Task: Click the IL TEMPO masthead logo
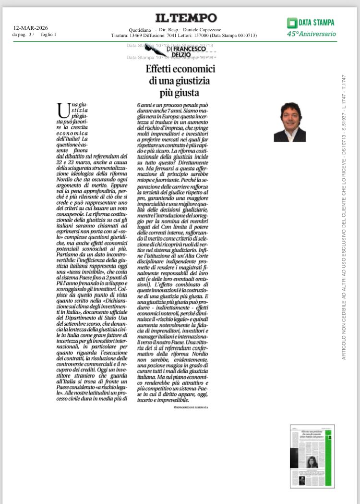[186, 18]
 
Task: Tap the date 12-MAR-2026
[30, 28]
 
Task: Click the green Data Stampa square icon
[291, 23]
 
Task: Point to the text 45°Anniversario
[311, 34]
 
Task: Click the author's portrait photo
[289, 122]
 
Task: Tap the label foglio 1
[48, 34]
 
